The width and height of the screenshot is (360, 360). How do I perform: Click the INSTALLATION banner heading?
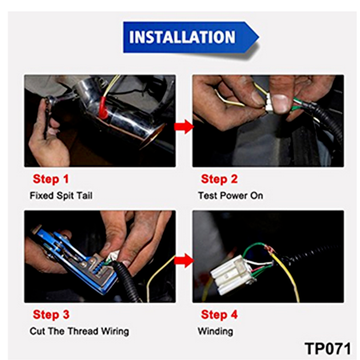pyautogui.click(x=182, y=37)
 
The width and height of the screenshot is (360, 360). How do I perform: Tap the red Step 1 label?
pyautogui.click(x=51, y=179)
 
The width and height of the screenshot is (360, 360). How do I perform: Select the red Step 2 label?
pyautogui.click(x=219, y=179)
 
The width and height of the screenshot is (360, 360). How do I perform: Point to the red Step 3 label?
pyautogui.click(x=51, y=314)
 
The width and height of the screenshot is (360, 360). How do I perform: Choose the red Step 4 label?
pyautogui.click(x=219, y=314)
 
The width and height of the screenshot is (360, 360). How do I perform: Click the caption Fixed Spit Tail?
pyautogui.click(x=61, y=195)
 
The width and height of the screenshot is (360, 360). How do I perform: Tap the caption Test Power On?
pyautogui.click(x=230, y=195)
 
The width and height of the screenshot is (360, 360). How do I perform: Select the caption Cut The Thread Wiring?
pyautogui.click(x=79, y=331)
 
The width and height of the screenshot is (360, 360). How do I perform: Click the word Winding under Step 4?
pyautogui.click(x=215, y=331)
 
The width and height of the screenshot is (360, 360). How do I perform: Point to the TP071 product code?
pyautogui.click(x=327, y=349)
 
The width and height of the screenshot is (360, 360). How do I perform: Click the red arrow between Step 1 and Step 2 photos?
pyautogui.click(x=184, y=126)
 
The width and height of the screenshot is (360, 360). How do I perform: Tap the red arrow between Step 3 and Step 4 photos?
pyautogui.click(x=184, y=261)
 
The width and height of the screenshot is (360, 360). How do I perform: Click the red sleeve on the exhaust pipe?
pyautogui.click(x=104, y=108)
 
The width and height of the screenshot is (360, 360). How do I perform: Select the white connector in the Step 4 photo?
pyautogui.click(x=233, y=274)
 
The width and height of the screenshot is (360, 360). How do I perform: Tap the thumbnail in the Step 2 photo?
pyautogui.click(x=280, y=103)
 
